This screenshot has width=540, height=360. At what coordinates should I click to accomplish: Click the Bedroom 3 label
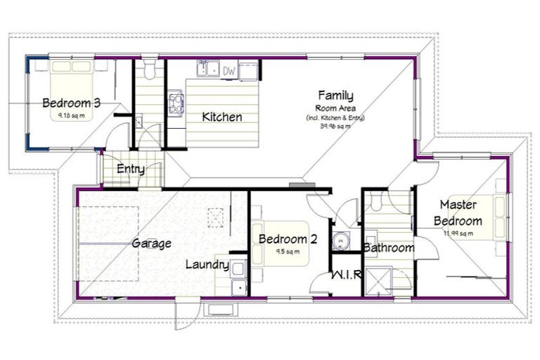click(71, 103)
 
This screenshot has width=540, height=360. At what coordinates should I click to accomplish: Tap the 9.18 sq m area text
click(71, 116)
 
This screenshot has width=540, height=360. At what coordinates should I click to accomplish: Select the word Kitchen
click(222, 117)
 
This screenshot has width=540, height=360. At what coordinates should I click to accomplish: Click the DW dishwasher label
click(229, 70)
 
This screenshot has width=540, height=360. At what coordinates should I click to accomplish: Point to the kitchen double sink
click(207, 70)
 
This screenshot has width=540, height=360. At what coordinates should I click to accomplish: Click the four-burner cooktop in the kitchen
click(174, 104)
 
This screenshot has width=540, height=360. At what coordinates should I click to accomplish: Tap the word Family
click(335, 95)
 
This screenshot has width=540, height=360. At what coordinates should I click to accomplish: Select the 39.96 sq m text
click(335, 127)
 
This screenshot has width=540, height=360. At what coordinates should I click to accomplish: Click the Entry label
click(131, 169)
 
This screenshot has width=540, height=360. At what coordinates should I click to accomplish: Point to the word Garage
click(151, 244)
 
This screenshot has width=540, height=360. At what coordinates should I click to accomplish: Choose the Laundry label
click(207, 264)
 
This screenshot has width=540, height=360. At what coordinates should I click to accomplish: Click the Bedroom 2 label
click(288, 239)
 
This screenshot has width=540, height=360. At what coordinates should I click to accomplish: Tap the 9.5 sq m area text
click(288, 251)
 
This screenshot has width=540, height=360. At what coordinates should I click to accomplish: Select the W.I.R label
click(346, 274)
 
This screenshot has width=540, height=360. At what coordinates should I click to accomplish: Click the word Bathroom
click(389, 247)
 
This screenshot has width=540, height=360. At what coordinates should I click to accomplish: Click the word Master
click(458, 205)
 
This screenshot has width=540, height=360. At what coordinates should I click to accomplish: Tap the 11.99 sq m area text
click(458, 233)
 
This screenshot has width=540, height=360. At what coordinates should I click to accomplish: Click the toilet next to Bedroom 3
click(148, 71)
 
